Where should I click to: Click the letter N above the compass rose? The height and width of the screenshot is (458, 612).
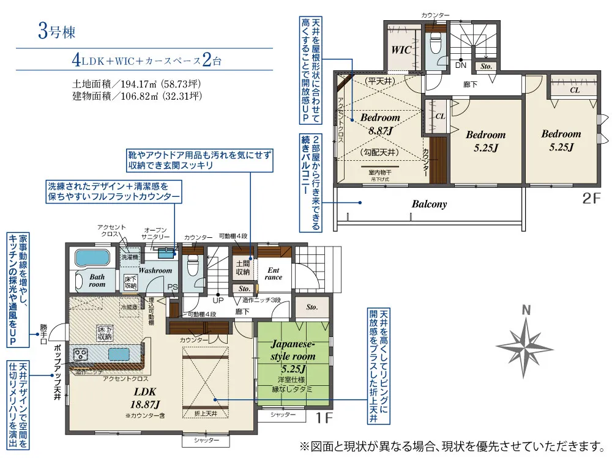[x=525, y=311]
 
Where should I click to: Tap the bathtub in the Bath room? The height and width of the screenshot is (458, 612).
[x=92, y=258]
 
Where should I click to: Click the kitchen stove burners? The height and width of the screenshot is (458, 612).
[x=81, y=353]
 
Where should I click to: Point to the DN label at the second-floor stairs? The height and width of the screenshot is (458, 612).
[x=461, y=64]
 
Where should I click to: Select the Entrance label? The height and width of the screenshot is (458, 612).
[x=274, y=273]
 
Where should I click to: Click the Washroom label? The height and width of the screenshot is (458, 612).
[x=155, y=270]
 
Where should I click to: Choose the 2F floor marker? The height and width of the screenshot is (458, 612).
[x=591, y=198]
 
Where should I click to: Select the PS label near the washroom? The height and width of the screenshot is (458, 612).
[x=173, y=287]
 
